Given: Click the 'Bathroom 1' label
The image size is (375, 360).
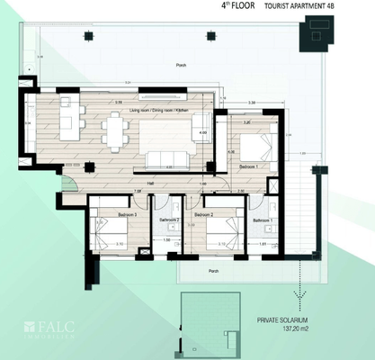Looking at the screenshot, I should [x=263, y=220].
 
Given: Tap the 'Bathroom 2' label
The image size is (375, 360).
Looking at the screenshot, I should [x=170, y=220].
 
